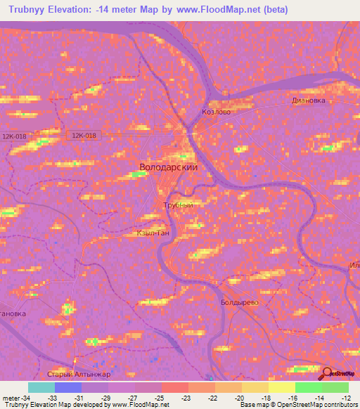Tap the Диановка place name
[309, 100]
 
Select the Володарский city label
[169, 168]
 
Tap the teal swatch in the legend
[41, 387]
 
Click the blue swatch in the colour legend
[68, 387]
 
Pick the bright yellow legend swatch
[282, 387]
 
